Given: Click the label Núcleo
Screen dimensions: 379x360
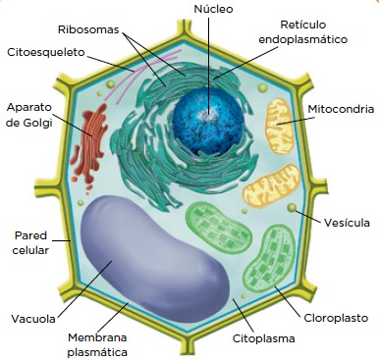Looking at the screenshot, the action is (x=213, y=9).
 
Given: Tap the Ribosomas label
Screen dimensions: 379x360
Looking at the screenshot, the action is (x=88, y=29).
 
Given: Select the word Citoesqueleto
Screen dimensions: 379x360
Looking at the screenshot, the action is (x=46, y=52).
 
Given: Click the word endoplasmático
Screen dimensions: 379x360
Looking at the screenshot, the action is (x=302, y=39).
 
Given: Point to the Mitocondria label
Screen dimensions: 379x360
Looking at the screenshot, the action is (x=341, y=109).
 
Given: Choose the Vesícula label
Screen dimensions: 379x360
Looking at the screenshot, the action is (x=347, y=223).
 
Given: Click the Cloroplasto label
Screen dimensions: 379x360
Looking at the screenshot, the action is (x=336, y=318).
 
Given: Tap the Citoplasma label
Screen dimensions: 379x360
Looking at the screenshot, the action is (x=263, y=338).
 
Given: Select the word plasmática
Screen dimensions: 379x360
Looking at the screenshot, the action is (x=97, y=352).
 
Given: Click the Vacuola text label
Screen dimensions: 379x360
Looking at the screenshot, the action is (x=33, y=319).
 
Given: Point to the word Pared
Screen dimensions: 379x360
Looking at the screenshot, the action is (x=31, y=235).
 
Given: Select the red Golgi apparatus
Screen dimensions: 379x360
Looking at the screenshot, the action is (x=90, y=145).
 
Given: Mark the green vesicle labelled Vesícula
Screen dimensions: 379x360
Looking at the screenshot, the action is (x=292, y=207).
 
